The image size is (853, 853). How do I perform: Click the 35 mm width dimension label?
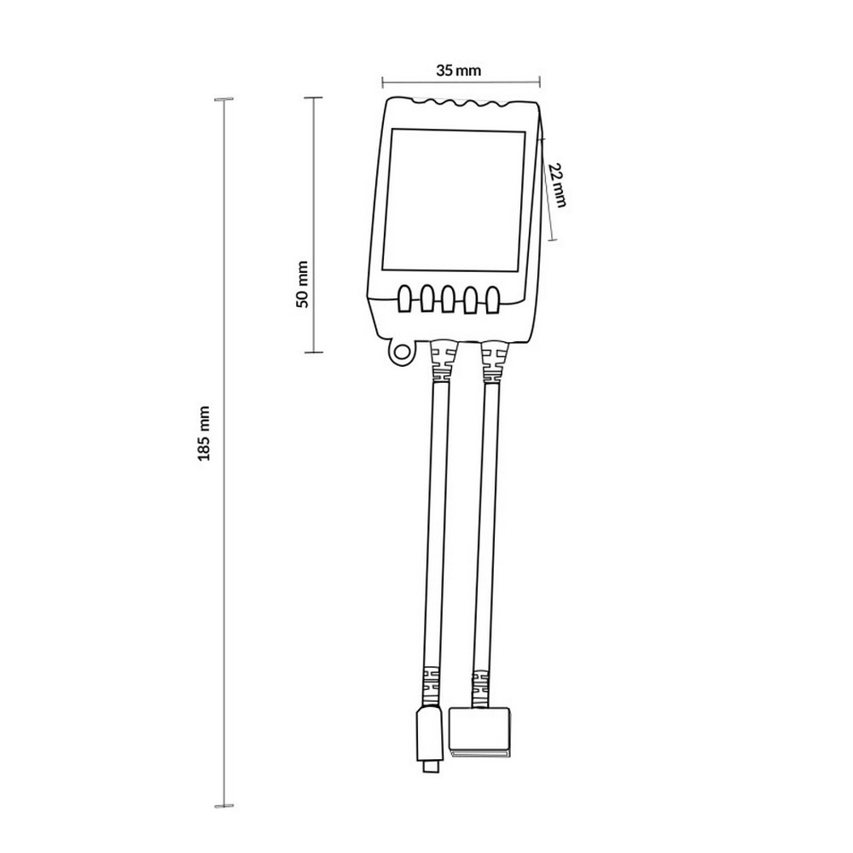tap(459, 70)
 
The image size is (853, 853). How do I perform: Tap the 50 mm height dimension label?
tap(303, 285)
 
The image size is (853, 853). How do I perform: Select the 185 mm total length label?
tap(204, 433)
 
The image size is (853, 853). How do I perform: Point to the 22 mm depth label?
tap(557, 185)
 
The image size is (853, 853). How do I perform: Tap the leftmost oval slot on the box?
tap(405, 299)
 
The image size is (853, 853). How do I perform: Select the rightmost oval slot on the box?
tap(492, 299)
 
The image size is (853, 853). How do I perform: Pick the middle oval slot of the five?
tap(449, 299)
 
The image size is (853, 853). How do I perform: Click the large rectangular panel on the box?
tap(455, 200)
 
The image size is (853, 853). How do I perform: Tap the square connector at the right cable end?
tap(479, 733)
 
